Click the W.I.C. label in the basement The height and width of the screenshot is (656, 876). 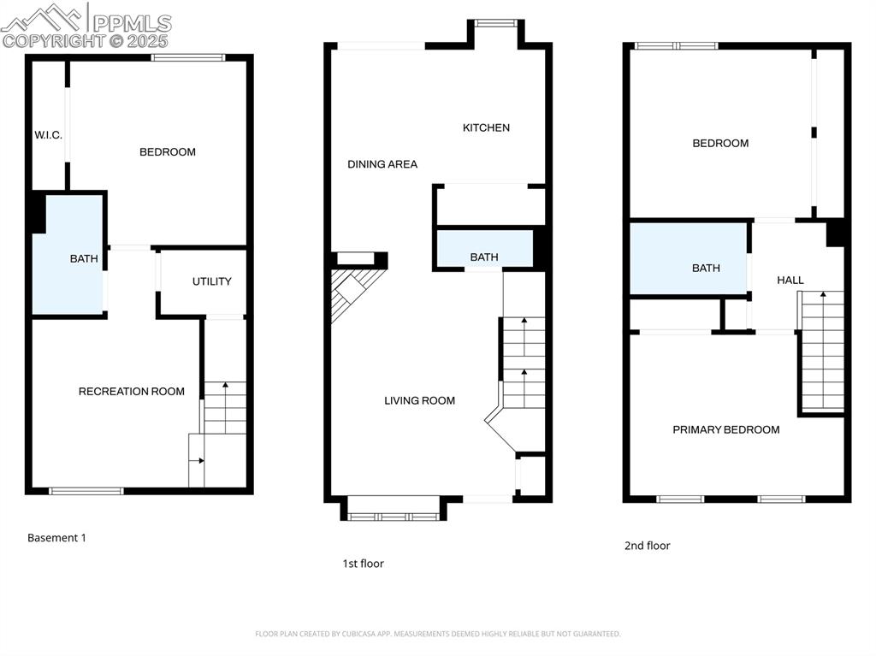pyautogui.click(x=48, y=135)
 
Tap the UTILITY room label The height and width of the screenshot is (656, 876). pyautogui.click(x=212, y=281)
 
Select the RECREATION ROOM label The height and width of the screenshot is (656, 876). pyautogui.click(x=131, y=392)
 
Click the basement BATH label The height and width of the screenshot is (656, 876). pyautogui.click(x=84, y=258)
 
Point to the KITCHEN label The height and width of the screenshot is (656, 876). pyautogui.click(x=486, y=128)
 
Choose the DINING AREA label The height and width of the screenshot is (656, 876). pyautogui.click(x=382, y=164)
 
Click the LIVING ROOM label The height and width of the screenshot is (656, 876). pyautogui.click(x=419, y=400)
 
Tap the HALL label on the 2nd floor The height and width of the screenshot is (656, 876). pyautogui.click(x=790, y=280)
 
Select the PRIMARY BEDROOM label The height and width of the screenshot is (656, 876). pyautogui.click(x=725, y=429)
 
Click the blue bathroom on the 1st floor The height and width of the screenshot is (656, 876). pyautogui.click(x=484, y=248)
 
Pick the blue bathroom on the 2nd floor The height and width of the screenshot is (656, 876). pyautogui.click(x=689, y=258)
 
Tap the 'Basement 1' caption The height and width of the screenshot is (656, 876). pyautogui.click(x=56, y=538)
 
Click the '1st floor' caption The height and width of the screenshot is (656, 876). pyautogui.click(x=363, y=564)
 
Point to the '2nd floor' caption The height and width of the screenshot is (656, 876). pyautogui.click(x=647, y=546)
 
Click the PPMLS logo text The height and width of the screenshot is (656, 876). pyautogui.click(x=132, y=23)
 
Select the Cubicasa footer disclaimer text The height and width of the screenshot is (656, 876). pyautogui.click(x=437, y=634)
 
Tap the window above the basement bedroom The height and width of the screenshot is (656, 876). pyautogui.click(x=188, y=57)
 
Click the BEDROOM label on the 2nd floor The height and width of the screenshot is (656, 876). pyautogui.click(x=720, y=144)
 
